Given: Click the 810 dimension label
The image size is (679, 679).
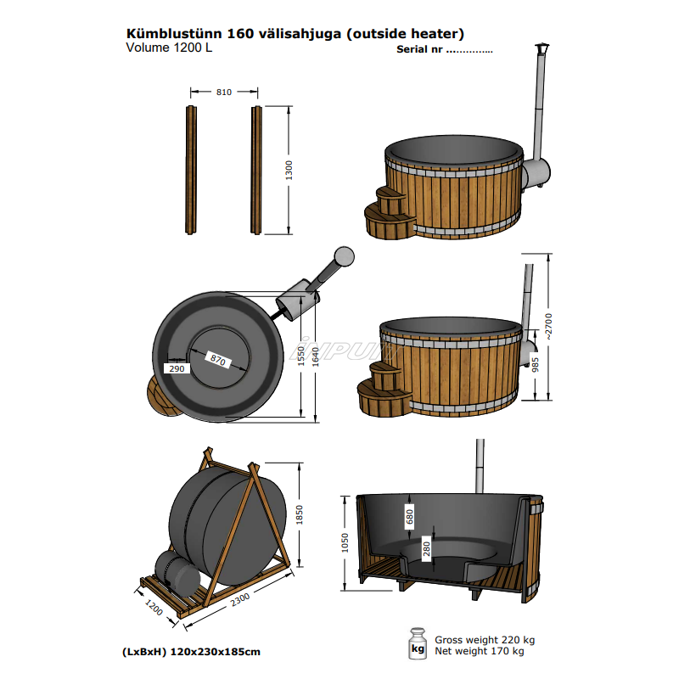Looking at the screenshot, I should [x=223, y=92].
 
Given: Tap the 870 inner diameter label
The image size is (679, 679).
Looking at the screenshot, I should [x=217, y=359].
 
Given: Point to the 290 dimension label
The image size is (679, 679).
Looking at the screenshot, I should [x=177, y=369].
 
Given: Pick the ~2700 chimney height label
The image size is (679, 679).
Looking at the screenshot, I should [x=550, y=327].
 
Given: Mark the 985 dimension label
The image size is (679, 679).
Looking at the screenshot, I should [x=535, y=366].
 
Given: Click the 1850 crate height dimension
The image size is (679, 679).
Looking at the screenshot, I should [x=299, y=514].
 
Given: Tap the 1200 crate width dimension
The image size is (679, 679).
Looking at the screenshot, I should [x=154, y=609].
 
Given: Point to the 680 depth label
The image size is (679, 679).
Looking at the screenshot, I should [x=409, y=515].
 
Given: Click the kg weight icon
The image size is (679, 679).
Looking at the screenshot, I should [x=417, y=644].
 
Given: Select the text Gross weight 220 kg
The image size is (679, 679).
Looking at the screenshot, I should [x=485, y=640].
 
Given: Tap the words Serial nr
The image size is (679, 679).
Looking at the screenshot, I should [x=419, y=49].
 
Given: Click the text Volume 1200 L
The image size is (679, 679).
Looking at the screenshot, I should [x=168, y=48].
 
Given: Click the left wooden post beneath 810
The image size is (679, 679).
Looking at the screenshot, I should [x=189, y=169].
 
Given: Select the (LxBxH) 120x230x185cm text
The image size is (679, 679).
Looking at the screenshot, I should [x=191, y=652].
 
